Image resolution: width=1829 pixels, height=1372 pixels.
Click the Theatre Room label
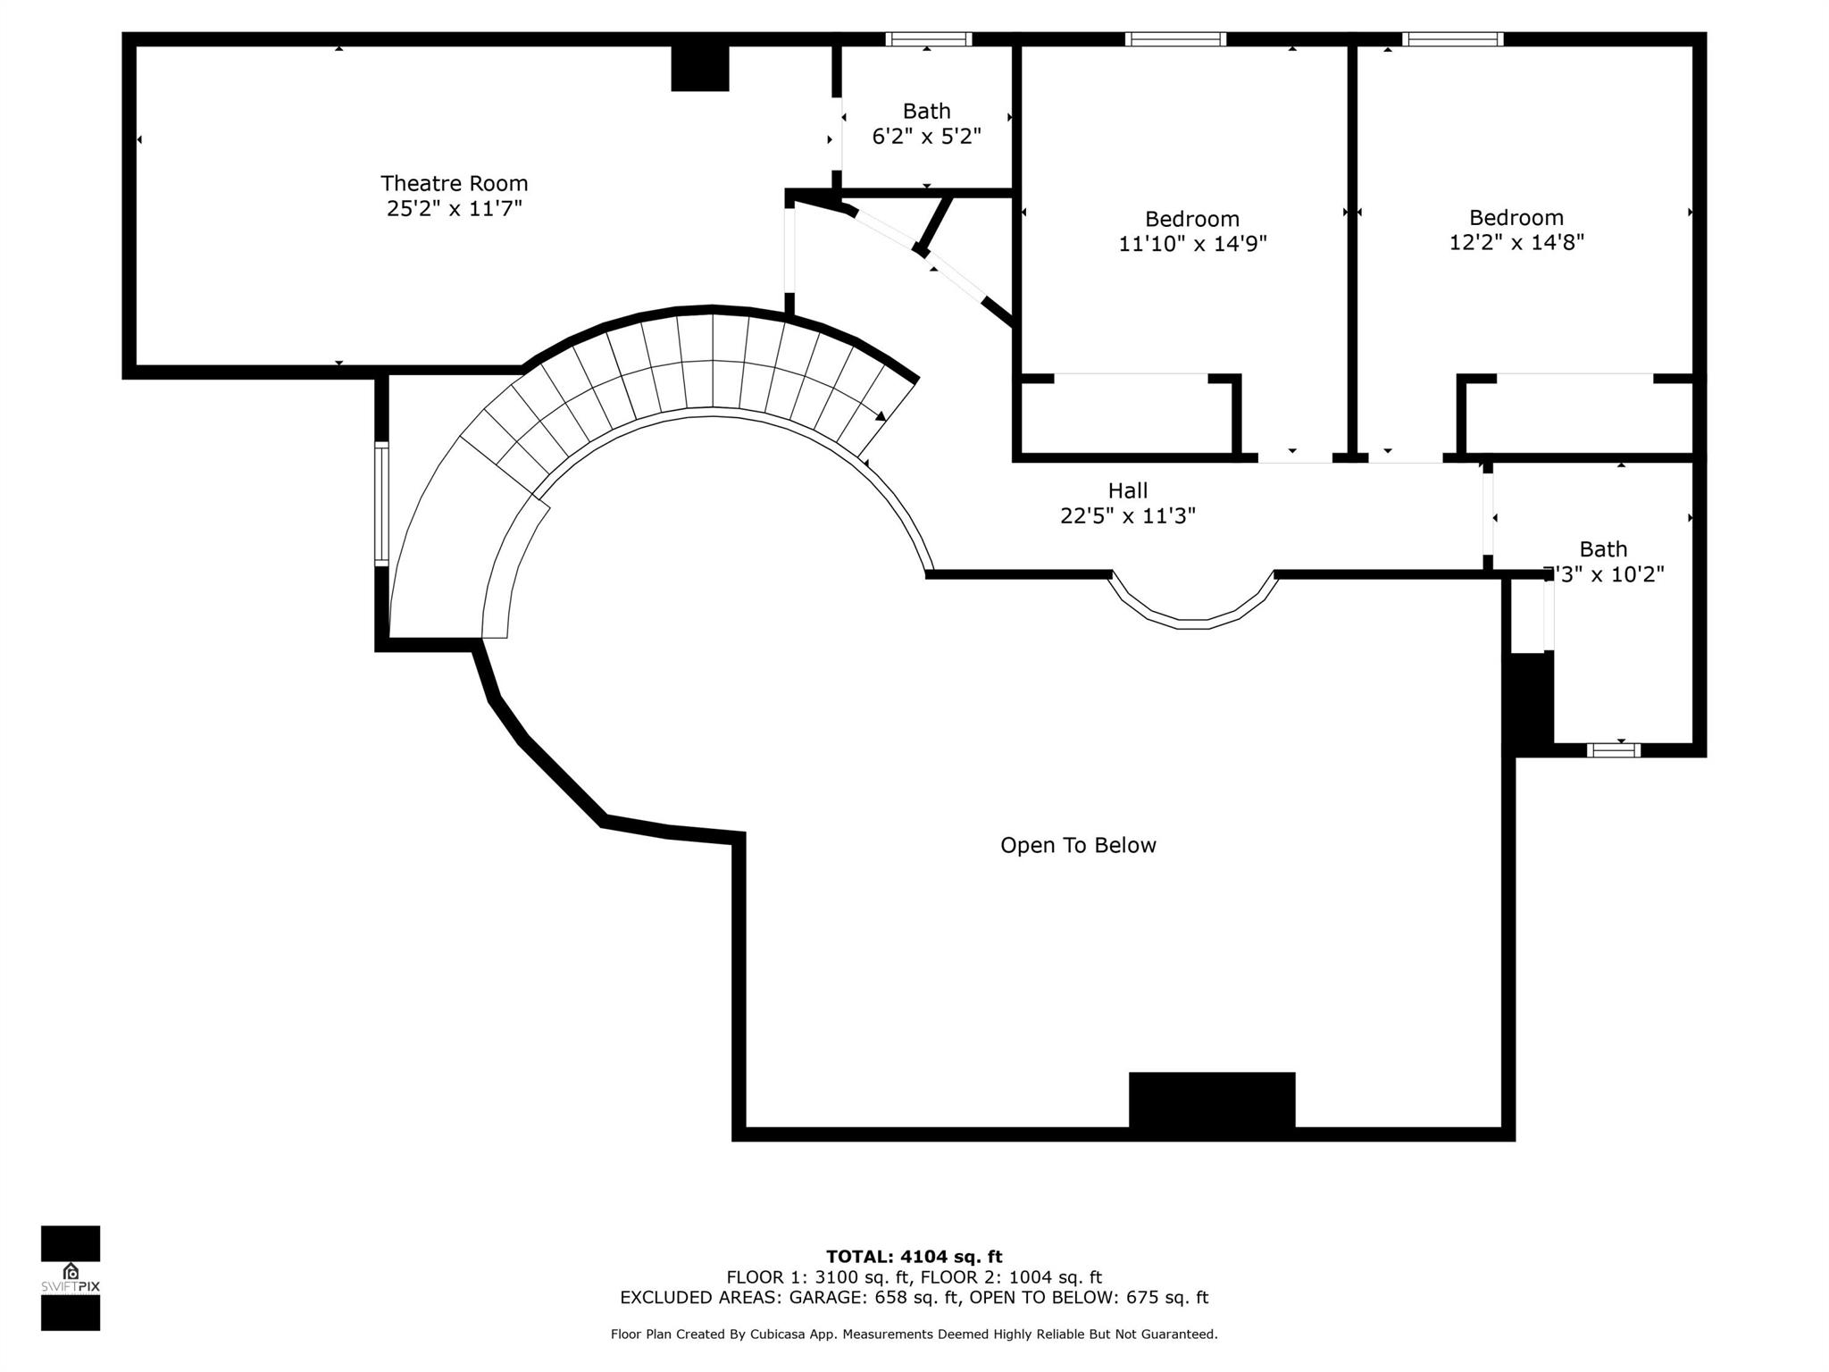pos(454,183)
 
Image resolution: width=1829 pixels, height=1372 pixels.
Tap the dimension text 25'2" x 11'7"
pos(454,209)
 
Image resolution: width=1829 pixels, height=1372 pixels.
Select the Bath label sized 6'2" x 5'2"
pos(926,112)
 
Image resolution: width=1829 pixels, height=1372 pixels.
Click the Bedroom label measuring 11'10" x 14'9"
pos(1192,219)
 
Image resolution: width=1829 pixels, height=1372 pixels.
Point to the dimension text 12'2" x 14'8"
pos(1516,242)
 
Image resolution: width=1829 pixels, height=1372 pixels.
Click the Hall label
pos(1127,490)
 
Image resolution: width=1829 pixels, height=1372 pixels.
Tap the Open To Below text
pos(1078,845)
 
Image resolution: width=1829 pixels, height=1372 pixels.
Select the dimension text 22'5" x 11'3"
pos(1127,516)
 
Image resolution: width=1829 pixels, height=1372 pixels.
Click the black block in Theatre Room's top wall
pos(699,68)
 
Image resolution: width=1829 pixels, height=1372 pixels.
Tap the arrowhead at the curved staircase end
pos(881,415)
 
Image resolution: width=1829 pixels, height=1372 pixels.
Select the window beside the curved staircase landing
pos(381,504)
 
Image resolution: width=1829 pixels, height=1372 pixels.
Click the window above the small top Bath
pos(928,39)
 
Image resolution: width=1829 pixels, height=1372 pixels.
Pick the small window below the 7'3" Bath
pos(1613,750)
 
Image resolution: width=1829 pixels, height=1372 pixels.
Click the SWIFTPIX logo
pos(71,1277)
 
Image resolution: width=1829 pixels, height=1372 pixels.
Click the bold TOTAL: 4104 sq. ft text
pos(914,1257)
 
